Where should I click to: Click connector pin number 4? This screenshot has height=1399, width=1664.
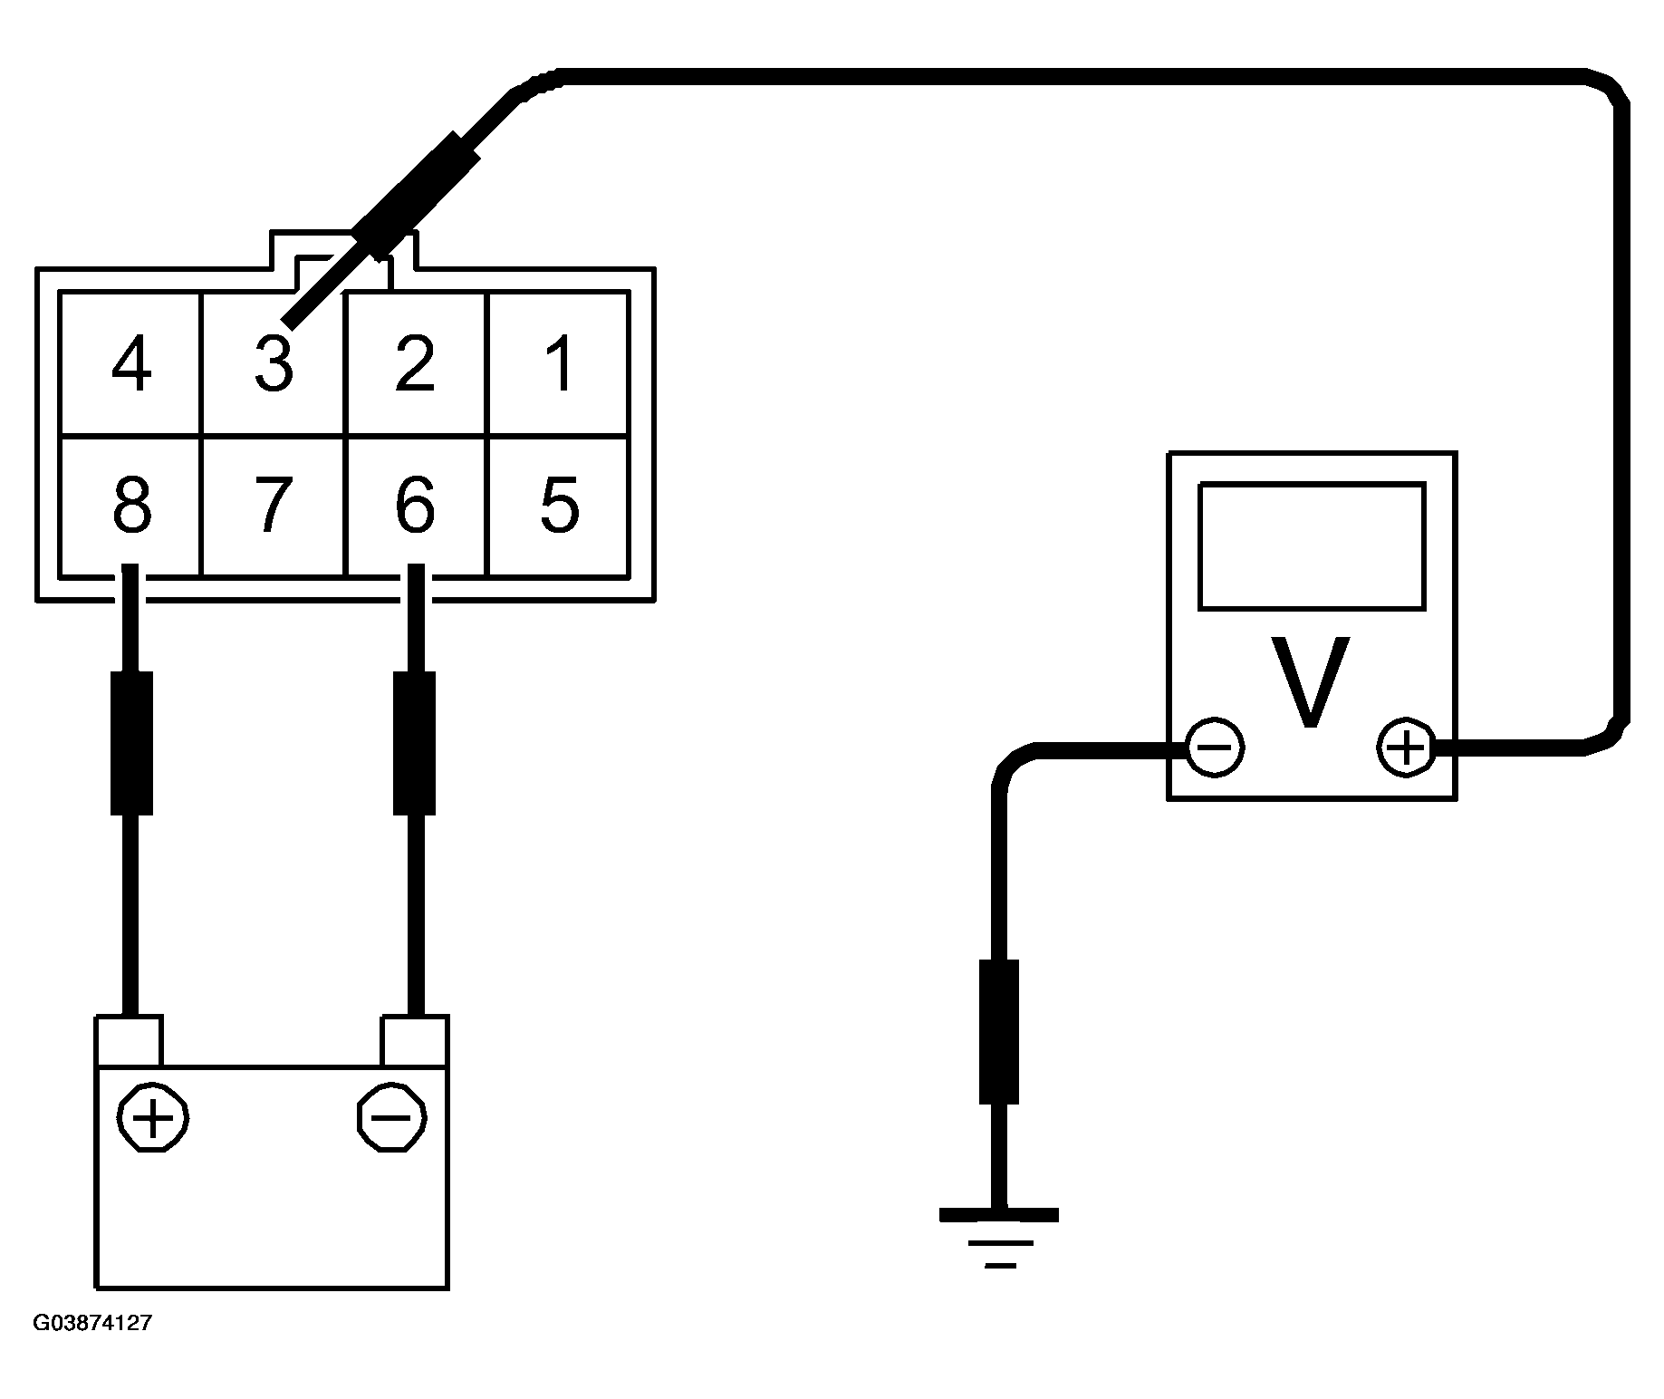pos(130,364)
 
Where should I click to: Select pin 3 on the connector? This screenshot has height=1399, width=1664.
pos(273,364)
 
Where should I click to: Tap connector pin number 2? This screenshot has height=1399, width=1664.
pos(415,364)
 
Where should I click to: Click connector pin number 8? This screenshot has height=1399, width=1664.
pos(131,505)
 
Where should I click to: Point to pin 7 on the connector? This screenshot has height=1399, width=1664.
pos(273,505)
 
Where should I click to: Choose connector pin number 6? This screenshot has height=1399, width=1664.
pos(415,505)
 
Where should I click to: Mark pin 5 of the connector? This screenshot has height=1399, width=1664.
pos(559,505)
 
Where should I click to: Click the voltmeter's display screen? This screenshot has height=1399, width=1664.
pos(1311,545)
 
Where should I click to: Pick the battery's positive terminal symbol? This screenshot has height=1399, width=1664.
pos(152,1117)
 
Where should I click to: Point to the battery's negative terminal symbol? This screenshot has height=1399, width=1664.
pos(392,1117)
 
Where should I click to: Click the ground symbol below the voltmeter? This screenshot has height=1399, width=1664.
pos(998,1238)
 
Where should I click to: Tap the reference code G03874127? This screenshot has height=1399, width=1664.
pos(92,1324)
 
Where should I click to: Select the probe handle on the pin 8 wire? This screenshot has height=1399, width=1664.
pos(131,743)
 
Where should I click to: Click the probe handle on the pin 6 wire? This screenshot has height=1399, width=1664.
pos(415,743)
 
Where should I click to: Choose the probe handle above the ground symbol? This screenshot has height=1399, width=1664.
pos(998,1032)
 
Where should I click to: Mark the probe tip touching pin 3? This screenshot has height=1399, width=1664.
pos(287,321)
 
